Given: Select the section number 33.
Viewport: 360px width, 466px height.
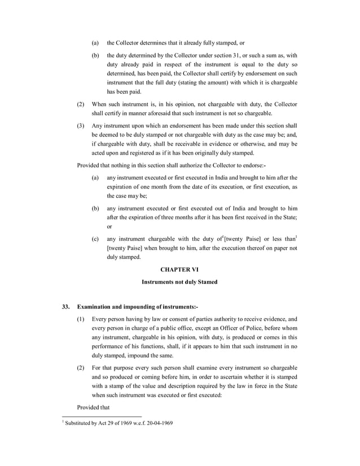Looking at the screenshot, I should [65, 306].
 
